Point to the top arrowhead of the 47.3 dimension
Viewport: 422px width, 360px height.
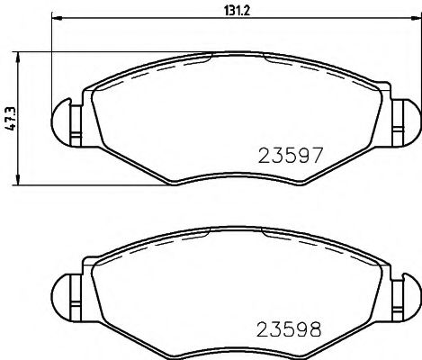[18, 57]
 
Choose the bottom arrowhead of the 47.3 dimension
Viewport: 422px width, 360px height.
[18, 184]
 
